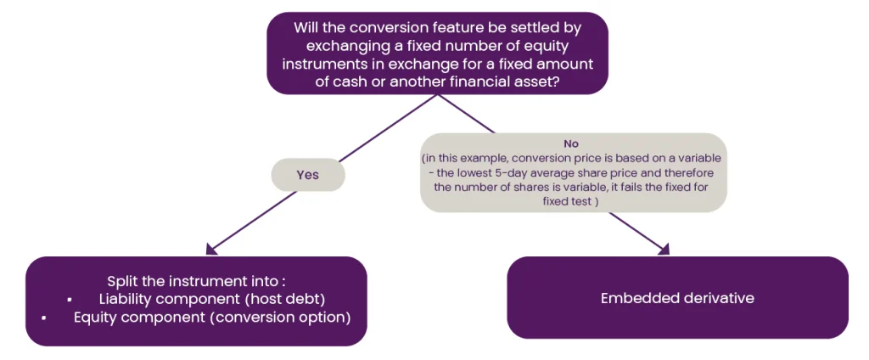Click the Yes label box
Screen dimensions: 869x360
[307, 175]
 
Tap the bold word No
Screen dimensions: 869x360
[571, 143]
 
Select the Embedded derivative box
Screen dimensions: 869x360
[677, 298]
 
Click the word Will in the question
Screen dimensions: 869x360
[306, 27]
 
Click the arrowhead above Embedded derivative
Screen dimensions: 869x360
[664, 249]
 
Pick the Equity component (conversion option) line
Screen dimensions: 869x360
[212, 318]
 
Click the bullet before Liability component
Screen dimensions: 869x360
[69, 300]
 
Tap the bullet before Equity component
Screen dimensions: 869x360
[43, 319]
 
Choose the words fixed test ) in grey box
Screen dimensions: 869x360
[571, 201]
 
